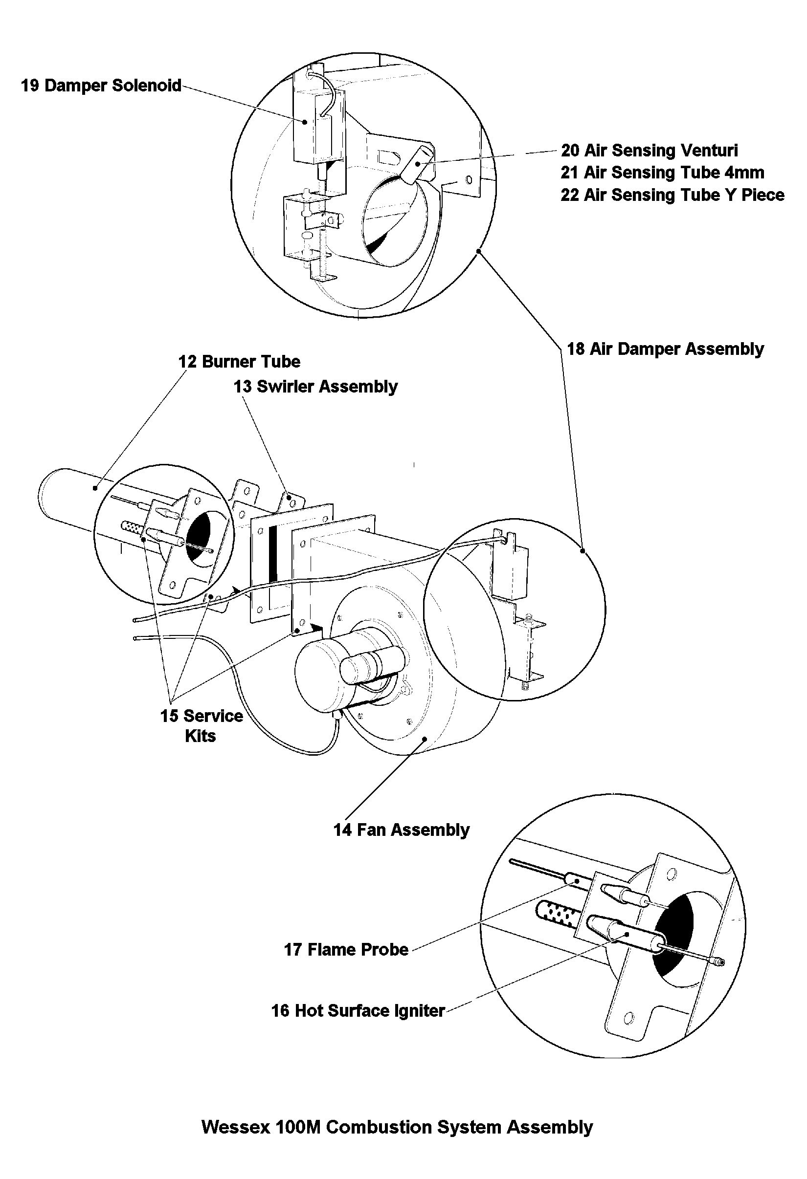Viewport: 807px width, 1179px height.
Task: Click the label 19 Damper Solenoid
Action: click(x=101, y=85)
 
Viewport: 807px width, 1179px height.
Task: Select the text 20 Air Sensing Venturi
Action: click(x=649, y=150)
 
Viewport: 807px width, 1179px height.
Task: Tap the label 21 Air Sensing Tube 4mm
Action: click(x=662, y=173)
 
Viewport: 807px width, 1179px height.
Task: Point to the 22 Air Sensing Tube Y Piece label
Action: click(x=672, y=195)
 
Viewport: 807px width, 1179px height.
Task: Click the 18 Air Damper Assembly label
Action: click(x=665, y=349)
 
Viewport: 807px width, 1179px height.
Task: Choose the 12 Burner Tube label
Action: click(x=239, y=362)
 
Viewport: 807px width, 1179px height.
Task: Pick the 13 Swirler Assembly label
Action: click(x=315, y=387)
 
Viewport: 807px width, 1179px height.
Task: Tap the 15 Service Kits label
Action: click(x=202, y=726)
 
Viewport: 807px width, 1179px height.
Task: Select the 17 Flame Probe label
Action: click(x=346, y=950)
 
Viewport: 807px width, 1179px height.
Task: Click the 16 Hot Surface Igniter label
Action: click(x=359, y=1010)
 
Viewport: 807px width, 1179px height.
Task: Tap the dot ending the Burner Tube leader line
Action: click(x=95, y=488)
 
